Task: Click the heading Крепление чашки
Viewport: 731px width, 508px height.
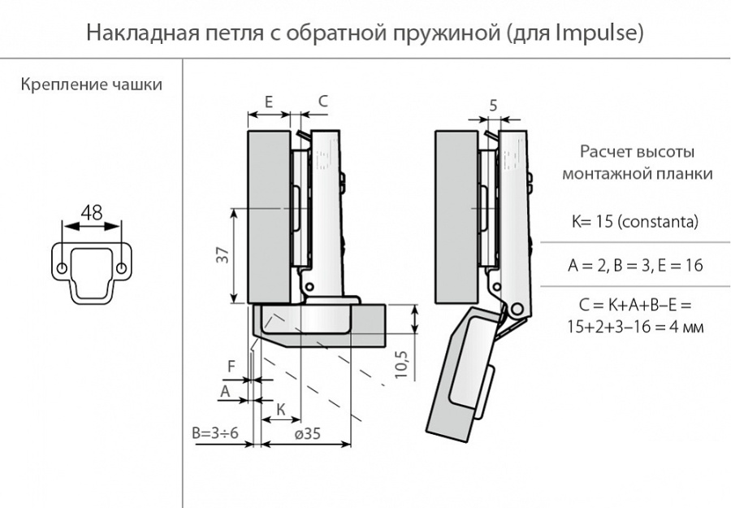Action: click(91, 85)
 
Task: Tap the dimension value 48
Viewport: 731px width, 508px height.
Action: click(91, 213)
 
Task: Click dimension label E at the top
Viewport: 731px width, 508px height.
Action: click(268, 102)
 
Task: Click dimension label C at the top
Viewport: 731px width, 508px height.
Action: click(322, 102)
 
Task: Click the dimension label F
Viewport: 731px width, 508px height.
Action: click(231, 367)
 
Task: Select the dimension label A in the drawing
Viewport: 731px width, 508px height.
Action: click(226, 391)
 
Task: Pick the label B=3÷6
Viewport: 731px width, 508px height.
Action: click(215, 433)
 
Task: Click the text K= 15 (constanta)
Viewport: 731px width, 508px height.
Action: click(636, 222)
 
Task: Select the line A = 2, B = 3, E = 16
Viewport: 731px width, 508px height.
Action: click(636, 265)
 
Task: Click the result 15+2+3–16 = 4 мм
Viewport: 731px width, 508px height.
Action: click(636, 326)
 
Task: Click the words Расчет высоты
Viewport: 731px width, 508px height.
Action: click(637, 152)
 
